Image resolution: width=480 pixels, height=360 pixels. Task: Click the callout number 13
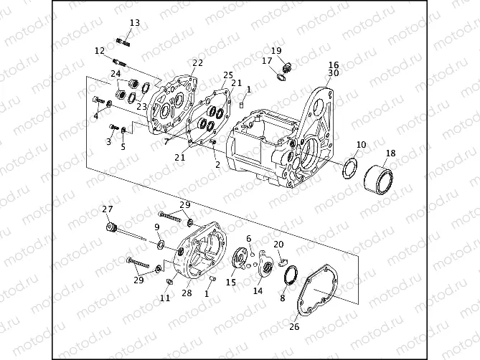pos(134,24)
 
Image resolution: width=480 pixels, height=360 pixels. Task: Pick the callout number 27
pos(107,209)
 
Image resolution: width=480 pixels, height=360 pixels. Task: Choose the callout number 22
pos(197,63)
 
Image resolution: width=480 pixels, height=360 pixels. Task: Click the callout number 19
pos(276,51)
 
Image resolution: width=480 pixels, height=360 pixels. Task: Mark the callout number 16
pos(334,65)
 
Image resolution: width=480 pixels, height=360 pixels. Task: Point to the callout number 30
pos(334,73)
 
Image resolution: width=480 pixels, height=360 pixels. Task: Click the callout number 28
pos(187,293)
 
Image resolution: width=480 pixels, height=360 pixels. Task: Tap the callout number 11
pos(165,298)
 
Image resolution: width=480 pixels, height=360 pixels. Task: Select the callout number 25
pos(228,75)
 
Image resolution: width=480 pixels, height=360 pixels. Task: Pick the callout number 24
pos(115,74)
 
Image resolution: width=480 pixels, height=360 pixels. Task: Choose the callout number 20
pos(278,245)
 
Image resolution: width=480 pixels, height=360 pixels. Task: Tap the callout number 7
pos(166,142)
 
